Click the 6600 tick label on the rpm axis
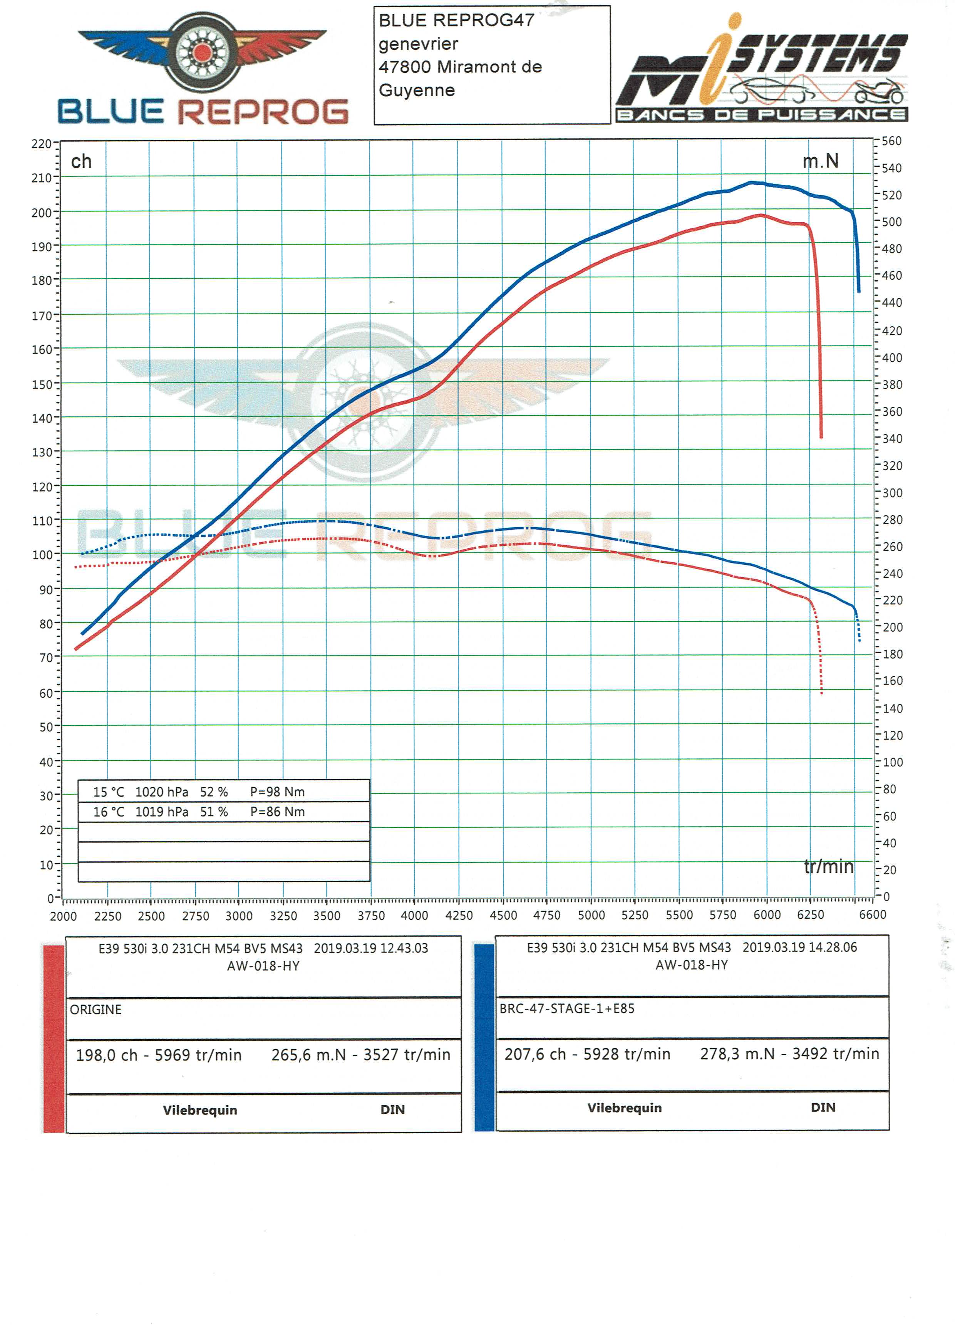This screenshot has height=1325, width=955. [x=872, y=914]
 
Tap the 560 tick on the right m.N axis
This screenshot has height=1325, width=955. [x=891, y=141]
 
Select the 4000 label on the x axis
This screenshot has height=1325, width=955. [x=414, y=916]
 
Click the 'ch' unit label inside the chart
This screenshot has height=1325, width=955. [x=81, y=161]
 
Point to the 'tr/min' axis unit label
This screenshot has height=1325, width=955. [x=828, y=866]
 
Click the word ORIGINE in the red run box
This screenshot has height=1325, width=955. [x=96, y=1010]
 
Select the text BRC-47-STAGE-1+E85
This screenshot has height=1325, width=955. [x=566, y=1008]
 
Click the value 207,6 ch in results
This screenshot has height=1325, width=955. [x=535, y=1054]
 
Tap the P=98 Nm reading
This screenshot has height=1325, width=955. [x=277, y=792]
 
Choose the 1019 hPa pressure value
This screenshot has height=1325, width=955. [x=162, y=812]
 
